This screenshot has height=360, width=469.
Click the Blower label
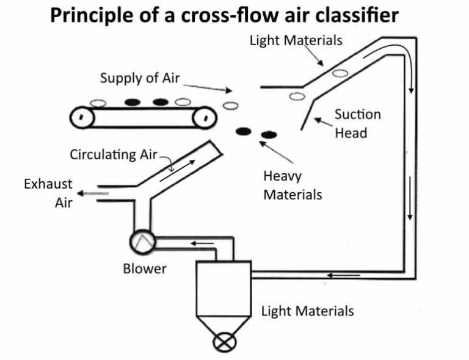click(x=145, y=268)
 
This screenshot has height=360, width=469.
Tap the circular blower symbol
click(x=142, y=242)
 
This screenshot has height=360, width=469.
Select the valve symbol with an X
click(x=224, y=342)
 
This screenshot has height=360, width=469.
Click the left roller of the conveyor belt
click(x=82, y=117)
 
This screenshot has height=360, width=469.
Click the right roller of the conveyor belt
click(x=205, y=117)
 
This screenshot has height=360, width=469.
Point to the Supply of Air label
click(x=140, y=78)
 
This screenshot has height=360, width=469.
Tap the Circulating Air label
click(x=114, y=155)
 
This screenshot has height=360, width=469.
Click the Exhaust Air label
click(x=48, y=193)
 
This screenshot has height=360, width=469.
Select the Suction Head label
click(x=357, y=124)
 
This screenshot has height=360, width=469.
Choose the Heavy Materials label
click(x=293, y=185)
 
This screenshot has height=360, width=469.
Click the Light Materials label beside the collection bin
click(x=308, y=311)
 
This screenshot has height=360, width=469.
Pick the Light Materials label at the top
click(x=296, y=40)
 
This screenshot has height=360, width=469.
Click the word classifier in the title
click(x=357, y=15)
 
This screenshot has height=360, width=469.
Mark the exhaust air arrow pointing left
click(x=92, y=193)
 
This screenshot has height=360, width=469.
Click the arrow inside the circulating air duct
click(x=178, y=171)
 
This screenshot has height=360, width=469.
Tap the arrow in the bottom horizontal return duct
click(x=343, y=275)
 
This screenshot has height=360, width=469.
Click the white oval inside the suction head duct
click(x=340, y=73)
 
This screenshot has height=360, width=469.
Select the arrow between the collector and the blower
click(x=202, y=243)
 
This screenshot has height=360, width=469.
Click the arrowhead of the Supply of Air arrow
click(x=229, y=90)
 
